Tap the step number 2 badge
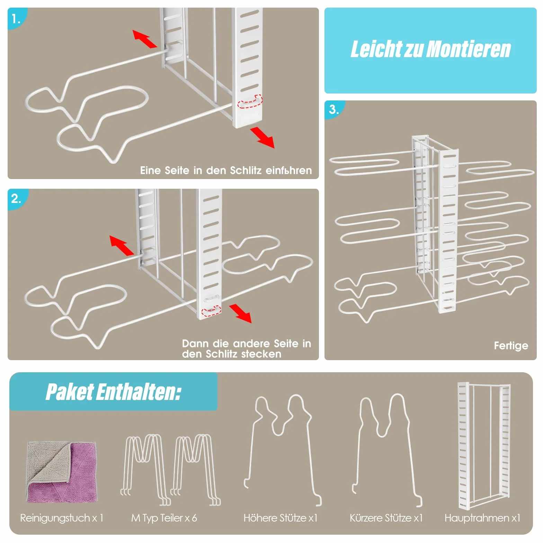tap(16, 199)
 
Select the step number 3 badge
tap(333, 109)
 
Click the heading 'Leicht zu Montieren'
tap(430, 49)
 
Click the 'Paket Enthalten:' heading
tap(113, 392)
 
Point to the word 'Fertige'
tap(511, 346)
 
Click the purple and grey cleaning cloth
tap(62, 472)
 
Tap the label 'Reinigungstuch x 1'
tap(62, 518)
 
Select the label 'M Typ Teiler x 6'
tap(164, 518)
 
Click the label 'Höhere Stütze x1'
tap(281, 518)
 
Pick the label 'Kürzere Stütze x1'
tap(386, 518)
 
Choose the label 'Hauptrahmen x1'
tap(482, 518)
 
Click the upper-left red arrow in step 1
tap(145, 39)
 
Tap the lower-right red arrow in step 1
tap(262, 137)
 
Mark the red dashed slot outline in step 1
tap(250, 101)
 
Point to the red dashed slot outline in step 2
tap(211, 311)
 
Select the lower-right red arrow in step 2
tap(241, 313)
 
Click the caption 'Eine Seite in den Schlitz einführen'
tap(226, 170)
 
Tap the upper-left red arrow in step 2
tap(122, 246)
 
